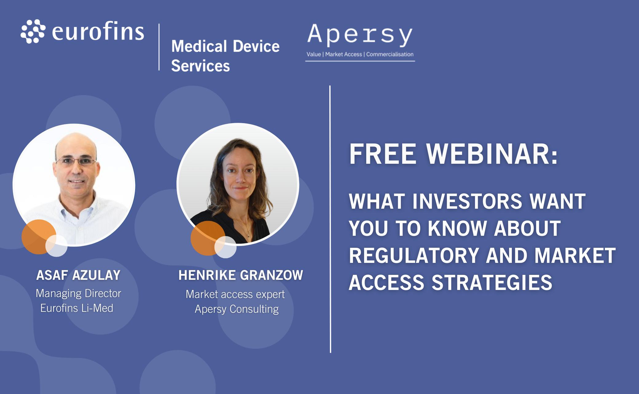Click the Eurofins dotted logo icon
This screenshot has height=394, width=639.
pos(33,31)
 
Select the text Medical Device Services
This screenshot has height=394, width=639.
pos(225,56)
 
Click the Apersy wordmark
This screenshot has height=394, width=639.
pos(360,35)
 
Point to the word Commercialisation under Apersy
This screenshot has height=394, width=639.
pos(390,54)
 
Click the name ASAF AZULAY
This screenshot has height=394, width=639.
pos(78,275)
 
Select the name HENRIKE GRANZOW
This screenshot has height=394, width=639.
pos(241,275)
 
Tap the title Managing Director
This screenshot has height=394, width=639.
pos(78,293)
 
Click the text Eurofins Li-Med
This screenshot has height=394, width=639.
pos(77,308)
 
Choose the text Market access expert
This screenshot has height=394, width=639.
pos(235,294)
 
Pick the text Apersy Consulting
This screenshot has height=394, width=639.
pos(237,309)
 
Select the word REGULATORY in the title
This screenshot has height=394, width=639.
pos(414,255)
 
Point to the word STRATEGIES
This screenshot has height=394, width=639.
pos(492,283)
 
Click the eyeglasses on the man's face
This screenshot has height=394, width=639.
pos(76,161)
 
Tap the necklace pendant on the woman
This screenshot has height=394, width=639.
pos(249,235)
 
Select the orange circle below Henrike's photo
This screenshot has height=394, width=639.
pos(208,238)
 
